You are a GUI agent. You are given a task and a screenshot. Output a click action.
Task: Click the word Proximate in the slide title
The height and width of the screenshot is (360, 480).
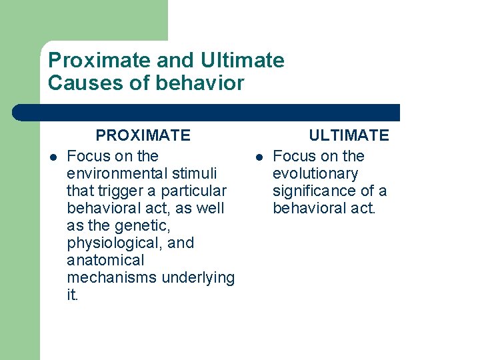[87, 61]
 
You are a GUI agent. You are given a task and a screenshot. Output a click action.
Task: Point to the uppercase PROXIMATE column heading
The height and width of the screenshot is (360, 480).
[143, 135]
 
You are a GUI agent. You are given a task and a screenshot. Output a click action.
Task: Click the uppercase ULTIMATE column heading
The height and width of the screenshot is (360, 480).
[348, 135]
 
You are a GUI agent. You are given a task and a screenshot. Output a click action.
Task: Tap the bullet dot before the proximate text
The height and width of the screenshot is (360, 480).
[53, 157]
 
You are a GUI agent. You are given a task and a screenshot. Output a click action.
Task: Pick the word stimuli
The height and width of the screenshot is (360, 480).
[193, 173]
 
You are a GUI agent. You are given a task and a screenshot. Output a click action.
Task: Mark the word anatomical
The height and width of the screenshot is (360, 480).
[105, 260]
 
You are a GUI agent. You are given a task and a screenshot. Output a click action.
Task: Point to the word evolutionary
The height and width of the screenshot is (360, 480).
[315, 173]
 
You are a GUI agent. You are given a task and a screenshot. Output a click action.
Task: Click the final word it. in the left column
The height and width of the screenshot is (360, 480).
[73, 295]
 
